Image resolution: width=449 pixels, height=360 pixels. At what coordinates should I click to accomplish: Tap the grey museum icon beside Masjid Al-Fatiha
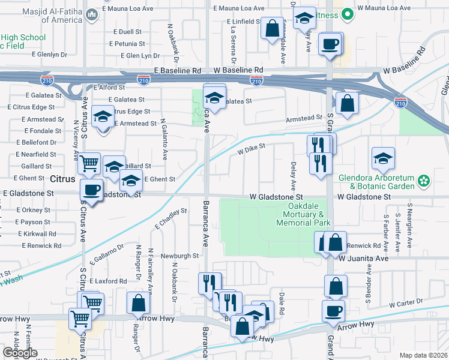[92, 14]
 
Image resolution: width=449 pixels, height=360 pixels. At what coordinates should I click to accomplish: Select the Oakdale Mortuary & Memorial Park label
[304, 214]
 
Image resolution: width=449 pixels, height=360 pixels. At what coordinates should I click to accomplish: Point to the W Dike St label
[251, 149]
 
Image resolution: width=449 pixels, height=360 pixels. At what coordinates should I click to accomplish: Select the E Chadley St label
[170, 218]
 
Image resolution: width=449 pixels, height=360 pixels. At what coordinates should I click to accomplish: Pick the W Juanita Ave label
[364, 258]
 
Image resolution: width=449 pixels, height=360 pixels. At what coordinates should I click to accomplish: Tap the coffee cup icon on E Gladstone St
[91, 190]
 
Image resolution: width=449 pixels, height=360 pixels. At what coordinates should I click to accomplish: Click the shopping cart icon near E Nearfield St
[89, 162]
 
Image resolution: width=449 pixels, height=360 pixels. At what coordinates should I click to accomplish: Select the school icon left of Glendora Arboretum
[383, 158]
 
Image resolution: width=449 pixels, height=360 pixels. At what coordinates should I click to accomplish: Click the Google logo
[20, 353]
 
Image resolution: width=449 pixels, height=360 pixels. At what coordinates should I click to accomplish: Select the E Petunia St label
[127, 44]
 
